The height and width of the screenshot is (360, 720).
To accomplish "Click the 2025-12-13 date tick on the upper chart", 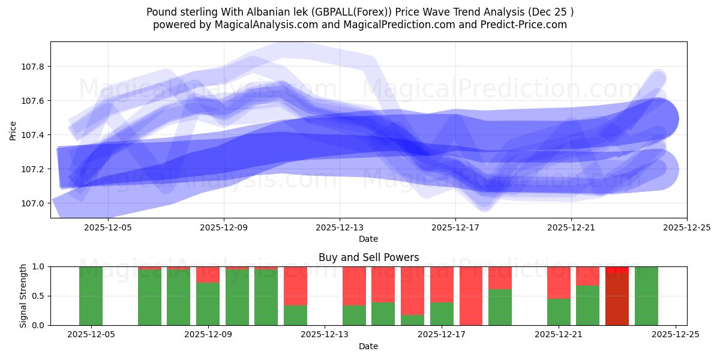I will (340, 227).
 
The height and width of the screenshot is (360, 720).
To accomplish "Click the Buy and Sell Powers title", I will (368, 257).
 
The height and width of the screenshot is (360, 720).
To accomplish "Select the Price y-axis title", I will (13, 130).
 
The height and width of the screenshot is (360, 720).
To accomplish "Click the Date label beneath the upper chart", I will (368, 239).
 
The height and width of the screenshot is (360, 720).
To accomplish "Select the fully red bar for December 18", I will (471, 296).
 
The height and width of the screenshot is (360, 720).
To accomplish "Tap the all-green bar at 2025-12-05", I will (91, 296).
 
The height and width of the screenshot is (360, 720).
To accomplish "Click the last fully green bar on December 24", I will (646, 296).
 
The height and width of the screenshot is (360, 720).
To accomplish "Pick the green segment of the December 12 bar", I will (295, 315).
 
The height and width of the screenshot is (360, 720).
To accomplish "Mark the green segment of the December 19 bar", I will (500, 307).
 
